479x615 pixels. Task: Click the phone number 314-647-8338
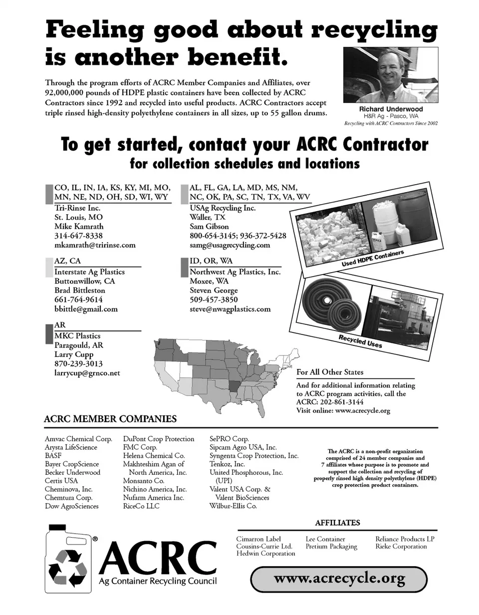tap(78, 236)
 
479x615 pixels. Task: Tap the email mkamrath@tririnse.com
tap(95, 245)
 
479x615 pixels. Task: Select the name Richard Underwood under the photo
tap(391, 109)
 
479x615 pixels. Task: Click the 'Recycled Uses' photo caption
tap(360, 341)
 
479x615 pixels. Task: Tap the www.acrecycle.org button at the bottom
tap(339, 579)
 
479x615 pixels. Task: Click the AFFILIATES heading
tap(337, 523)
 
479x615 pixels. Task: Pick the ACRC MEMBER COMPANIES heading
tap(110, 419)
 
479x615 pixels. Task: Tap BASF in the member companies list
tap(53, 456)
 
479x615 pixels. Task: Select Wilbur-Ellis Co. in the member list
tap(233, 506)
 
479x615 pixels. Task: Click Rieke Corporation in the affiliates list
tap(401, 546)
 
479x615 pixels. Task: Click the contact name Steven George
tap(214, 291)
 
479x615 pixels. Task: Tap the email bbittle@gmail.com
tap(86, 309)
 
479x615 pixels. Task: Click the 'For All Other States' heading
tap(330, 372)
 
